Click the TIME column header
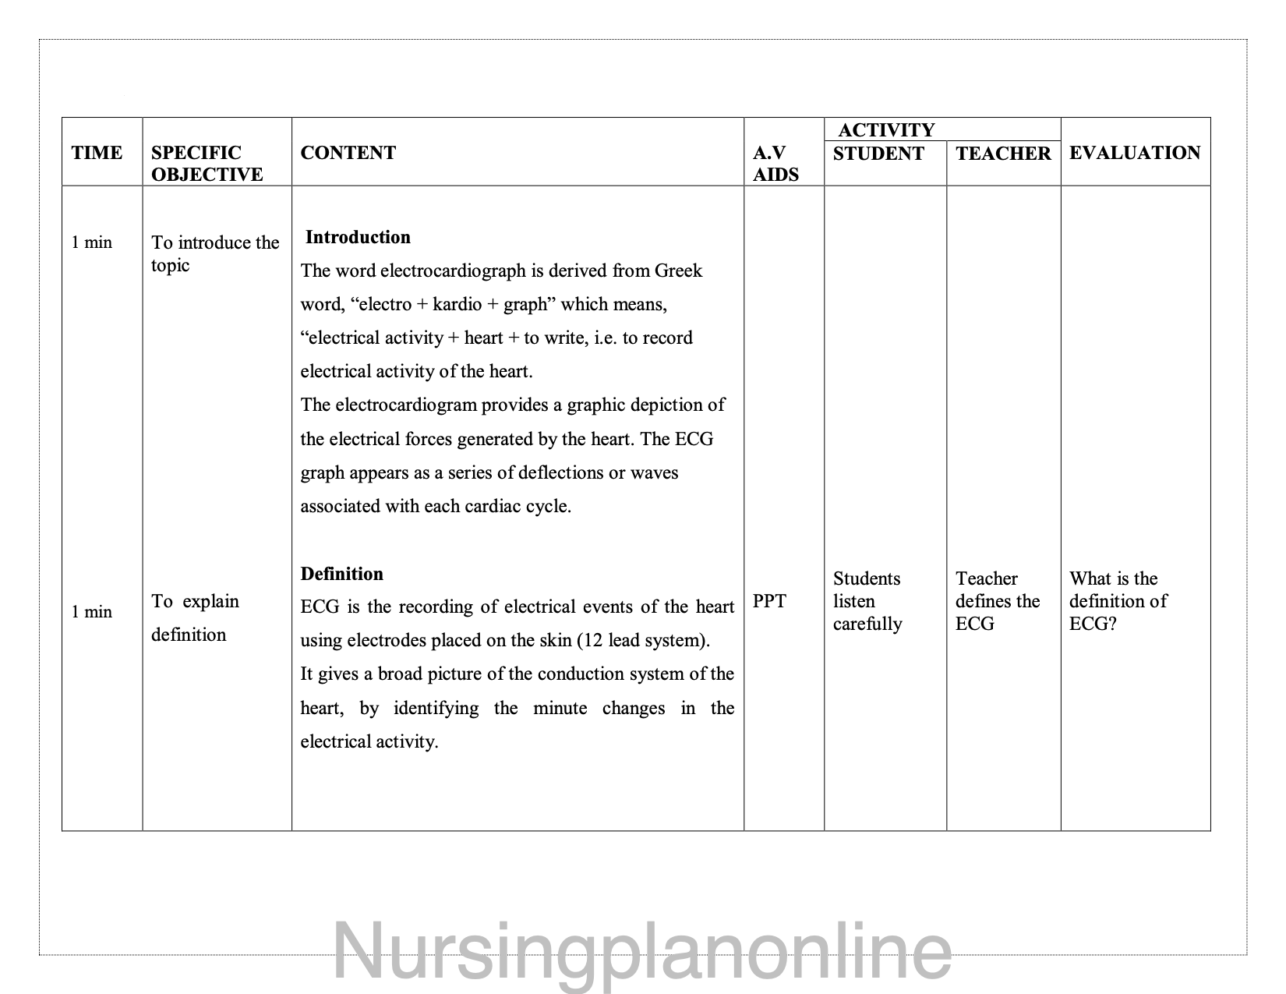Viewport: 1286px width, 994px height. coord(97,153)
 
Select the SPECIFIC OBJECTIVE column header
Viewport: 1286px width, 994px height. coord(207,164)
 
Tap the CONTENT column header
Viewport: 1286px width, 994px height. coord(348,153)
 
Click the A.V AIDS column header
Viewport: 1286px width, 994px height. coord(775,164)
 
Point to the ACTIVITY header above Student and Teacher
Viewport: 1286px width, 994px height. coord(886,130)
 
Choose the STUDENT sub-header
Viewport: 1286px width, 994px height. coord(878,154)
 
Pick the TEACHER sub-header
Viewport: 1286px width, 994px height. coord(1003,154)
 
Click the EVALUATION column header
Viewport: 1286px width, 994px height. coord(1134,153)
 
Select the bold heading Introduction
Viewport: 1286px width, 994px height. coord(358,237)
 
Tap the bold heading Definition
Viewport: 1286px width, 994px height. coord(342,574)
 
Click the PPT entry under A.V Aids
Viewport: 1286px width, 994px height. coord(769,601)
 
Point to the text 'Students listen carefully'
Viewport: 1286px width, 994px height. coord(867,601)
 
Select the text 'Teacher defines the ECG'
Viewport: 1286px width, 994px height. coord(998,601)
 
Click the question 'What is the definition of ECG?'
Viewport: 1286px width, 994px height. coord(1118,601)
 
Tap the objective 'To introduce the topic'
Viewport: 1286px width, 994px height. coord(214,253)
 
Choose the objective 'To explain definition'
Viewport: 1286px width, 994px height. coord(195,617)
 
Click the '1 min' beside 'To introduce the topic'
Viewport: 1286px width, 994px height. coord(91,242)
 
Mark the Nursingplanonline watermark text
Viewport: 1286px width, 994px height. coord(642,951)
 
